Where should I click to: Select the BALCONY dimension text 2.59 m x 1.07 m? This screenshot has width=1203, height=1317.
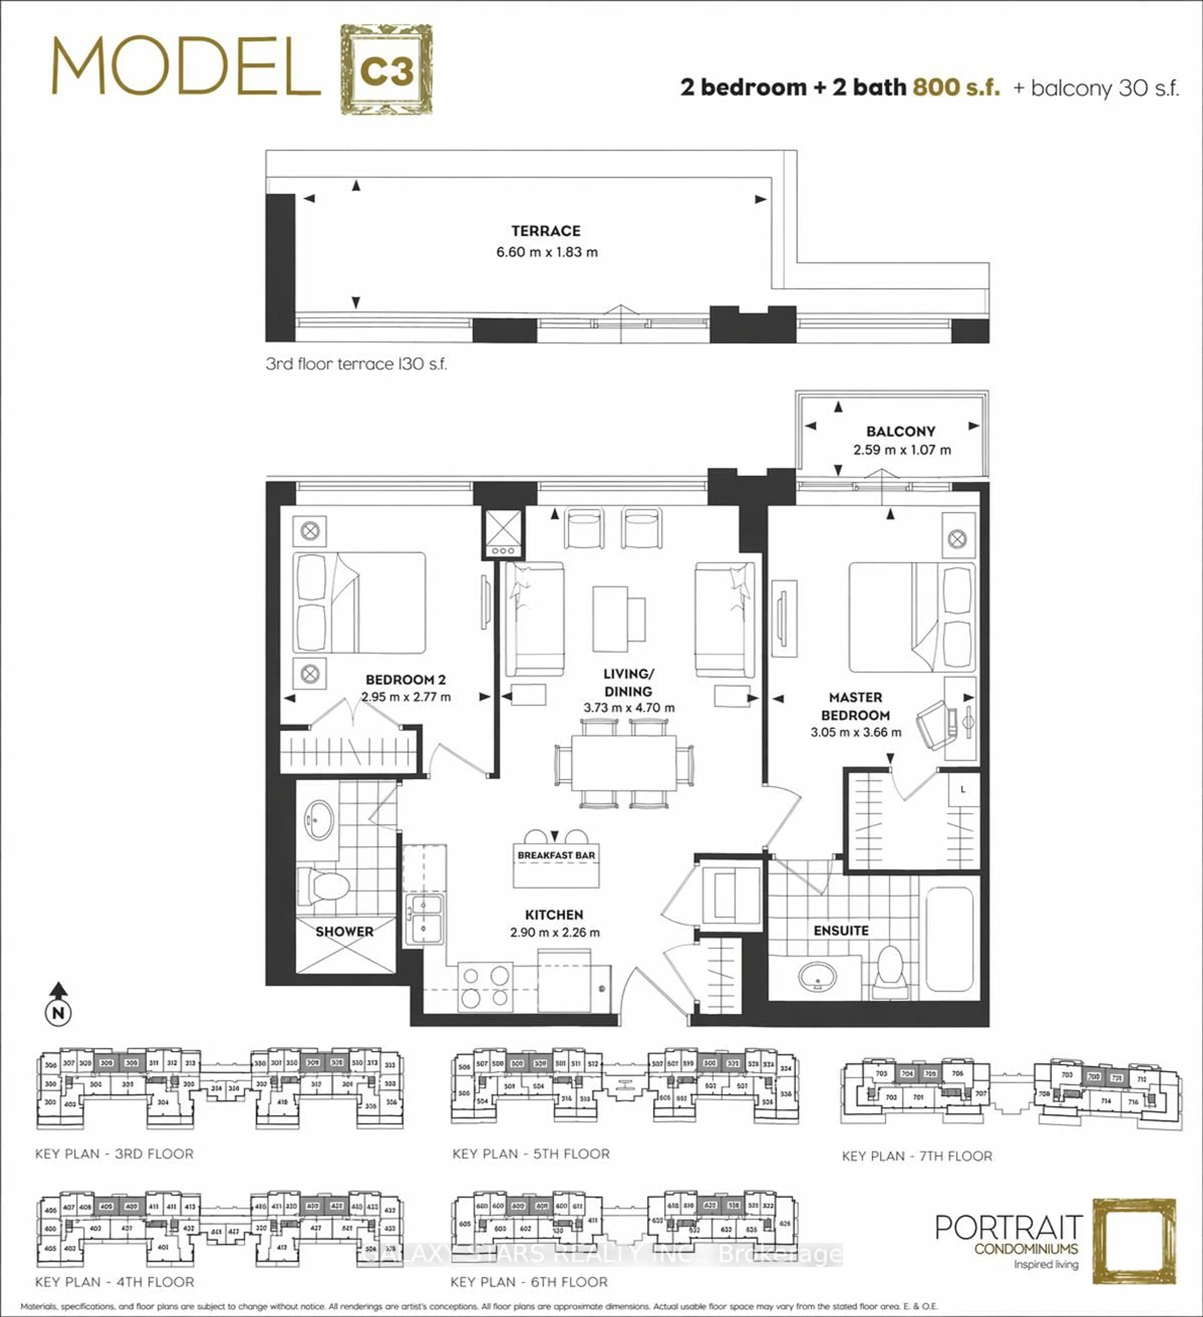pos(901,450)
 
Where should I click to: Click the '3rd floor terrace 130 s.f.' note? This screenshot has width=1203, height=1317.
pos(356,364)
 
